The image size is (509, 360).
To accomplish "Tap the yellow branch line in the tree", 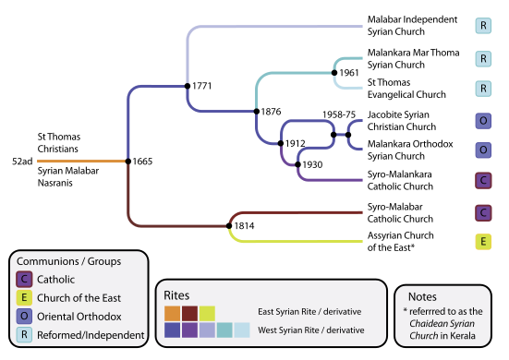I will pyautogui.click(x=305, y=242).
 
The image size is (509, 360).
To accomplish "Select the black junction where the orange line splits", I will pyautogui.click(x=127, y=162).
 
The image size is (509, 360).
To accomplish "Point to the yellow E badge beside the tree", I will pyautogui.click(x=482, y=242).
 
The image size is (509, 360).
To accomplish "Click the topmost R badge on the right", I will pyautogui.click(x=482, y=26).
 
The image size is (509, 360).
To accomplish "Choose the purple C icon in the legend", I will pyautogui.click(x=25, y=279).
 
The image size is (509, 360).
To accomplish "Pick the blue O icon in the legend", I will pyautogui.click(x=25, y=316).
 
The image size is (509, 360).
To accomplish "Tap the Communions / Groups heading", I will pyautogui.click(x=69, y=261).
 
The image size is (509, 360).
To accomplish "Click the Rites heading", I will pyautogui.click(x=176, y=294).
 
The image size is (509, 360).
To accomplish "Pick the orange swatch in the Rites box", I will pyautogui.click(x=172, y=313).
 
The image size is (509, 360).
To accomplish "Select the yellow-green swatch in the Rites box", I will pyautogui.click(x=207, y=313).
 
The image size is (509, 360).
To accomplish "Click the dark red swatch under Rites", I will pyautogui.click(x=189, y=313).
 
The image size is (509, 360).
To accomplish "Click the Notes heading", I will pyautogui.click(x=422, y=297).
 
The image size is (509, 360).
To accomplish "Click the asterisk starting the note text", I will pyautogui.click(x=406, y=312).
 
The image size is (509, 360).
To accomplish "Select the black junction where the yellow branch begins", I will pyautogui.click(x=228, y=223).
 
